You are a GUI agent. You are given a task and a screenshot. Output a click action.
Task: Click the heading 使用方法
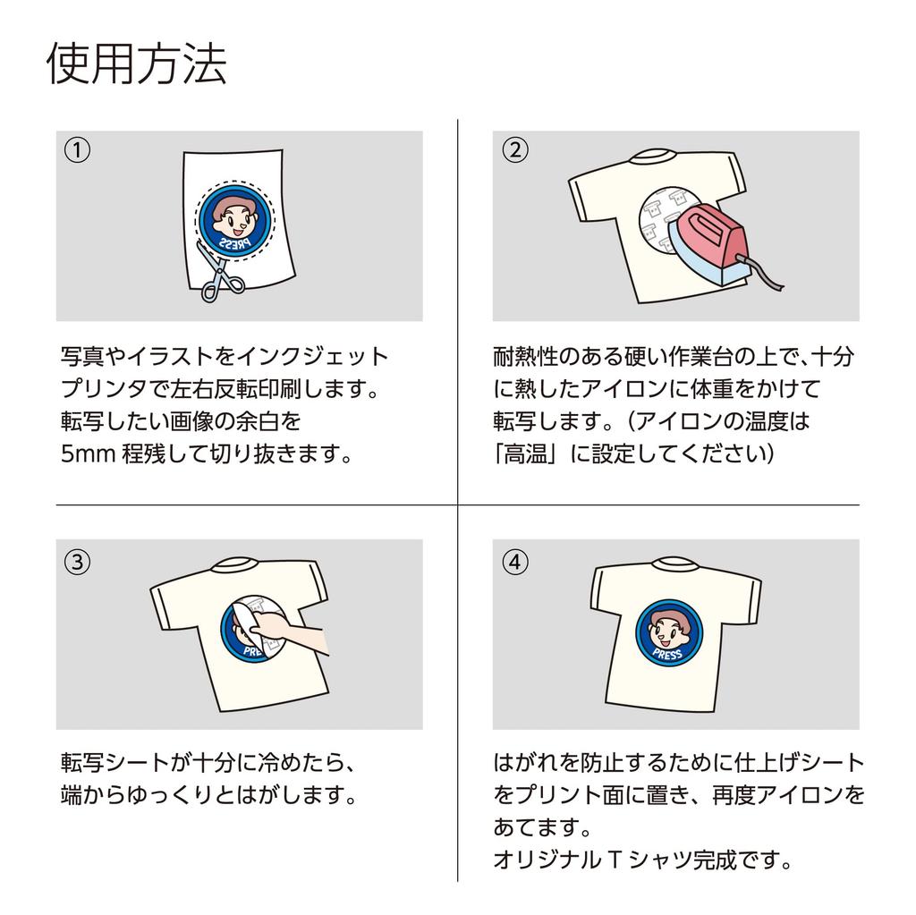click(x=136, y=64)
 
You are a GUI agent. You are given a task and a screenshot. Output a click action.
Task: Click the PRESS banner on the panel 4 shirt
click(x=668, y=655)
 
